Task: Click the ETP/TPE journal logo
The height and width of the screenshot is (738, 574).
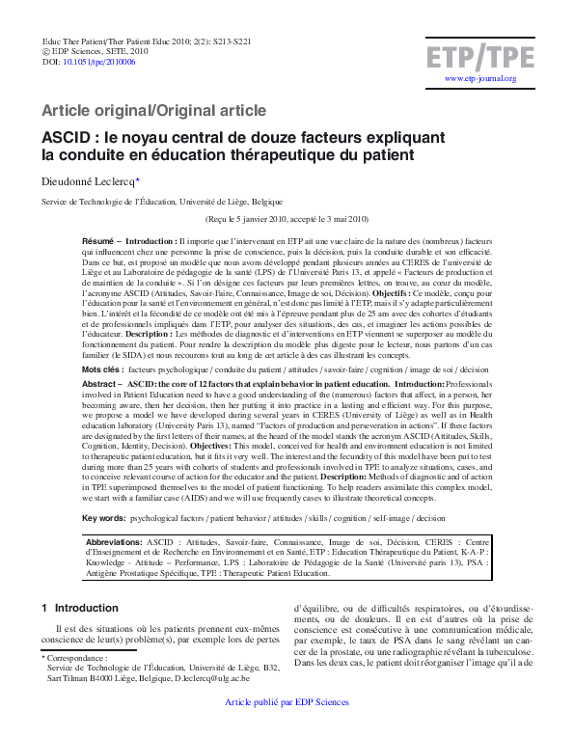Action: tap(480, 57)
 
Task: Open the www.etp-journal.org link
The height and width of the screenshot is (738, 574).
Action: tap(480, 79)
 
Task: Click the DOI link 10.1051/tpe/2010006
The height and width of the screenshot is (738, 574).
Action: tap(99, 61)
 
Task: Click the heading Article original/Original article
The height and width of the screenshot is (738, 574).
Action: tap(153, 111)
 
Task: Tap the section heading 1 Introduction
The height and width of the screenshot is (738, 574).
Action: tap(80, 609)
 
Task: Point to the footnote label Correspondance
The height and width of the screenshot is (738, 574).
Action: tap(76, 657)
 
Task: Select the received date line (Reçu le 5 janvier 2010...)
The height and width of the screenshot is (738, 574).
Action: tap(287, 219)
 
